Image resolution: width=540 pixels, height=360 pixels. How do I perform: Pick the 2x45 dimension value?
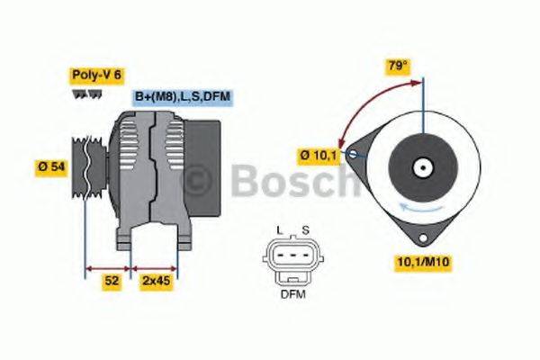coord(155,281)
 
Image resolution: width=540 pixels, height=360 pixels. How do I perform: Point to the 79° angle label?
coord(398,65)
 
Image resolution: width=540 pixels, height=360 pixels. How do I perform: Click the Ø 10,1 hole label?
coord(318,155)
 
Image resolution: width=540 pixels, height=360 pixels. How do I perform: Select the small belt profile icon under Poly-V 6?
coord(81,94)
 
